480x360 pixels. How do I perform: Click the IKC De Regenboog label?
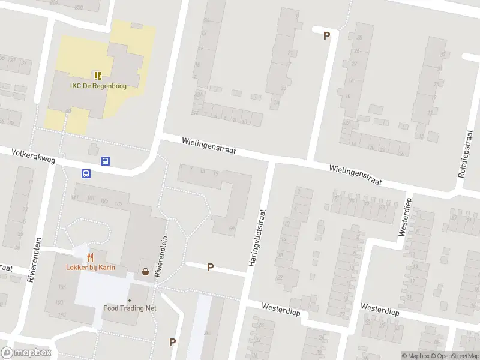97,86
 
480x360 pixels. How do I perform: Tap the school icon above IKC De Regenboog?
97,75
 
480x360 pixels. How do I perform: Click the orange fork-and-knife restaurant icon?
91,257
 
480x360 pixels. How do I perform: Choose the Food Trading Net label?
130,308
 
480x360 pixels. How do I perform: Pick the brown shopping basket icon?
146,271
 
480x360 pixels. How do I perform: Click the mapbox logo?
26,353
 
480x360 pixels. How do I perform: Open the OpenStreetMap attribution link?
455,356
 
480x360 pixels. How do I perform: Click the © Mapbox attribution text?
416,356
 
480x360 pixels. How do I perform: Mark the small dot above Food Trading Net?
129,299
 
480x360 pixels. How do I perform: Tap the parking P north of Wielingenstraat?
326,35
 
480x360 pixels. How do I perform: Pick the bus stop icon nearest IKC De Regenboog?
105,161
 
